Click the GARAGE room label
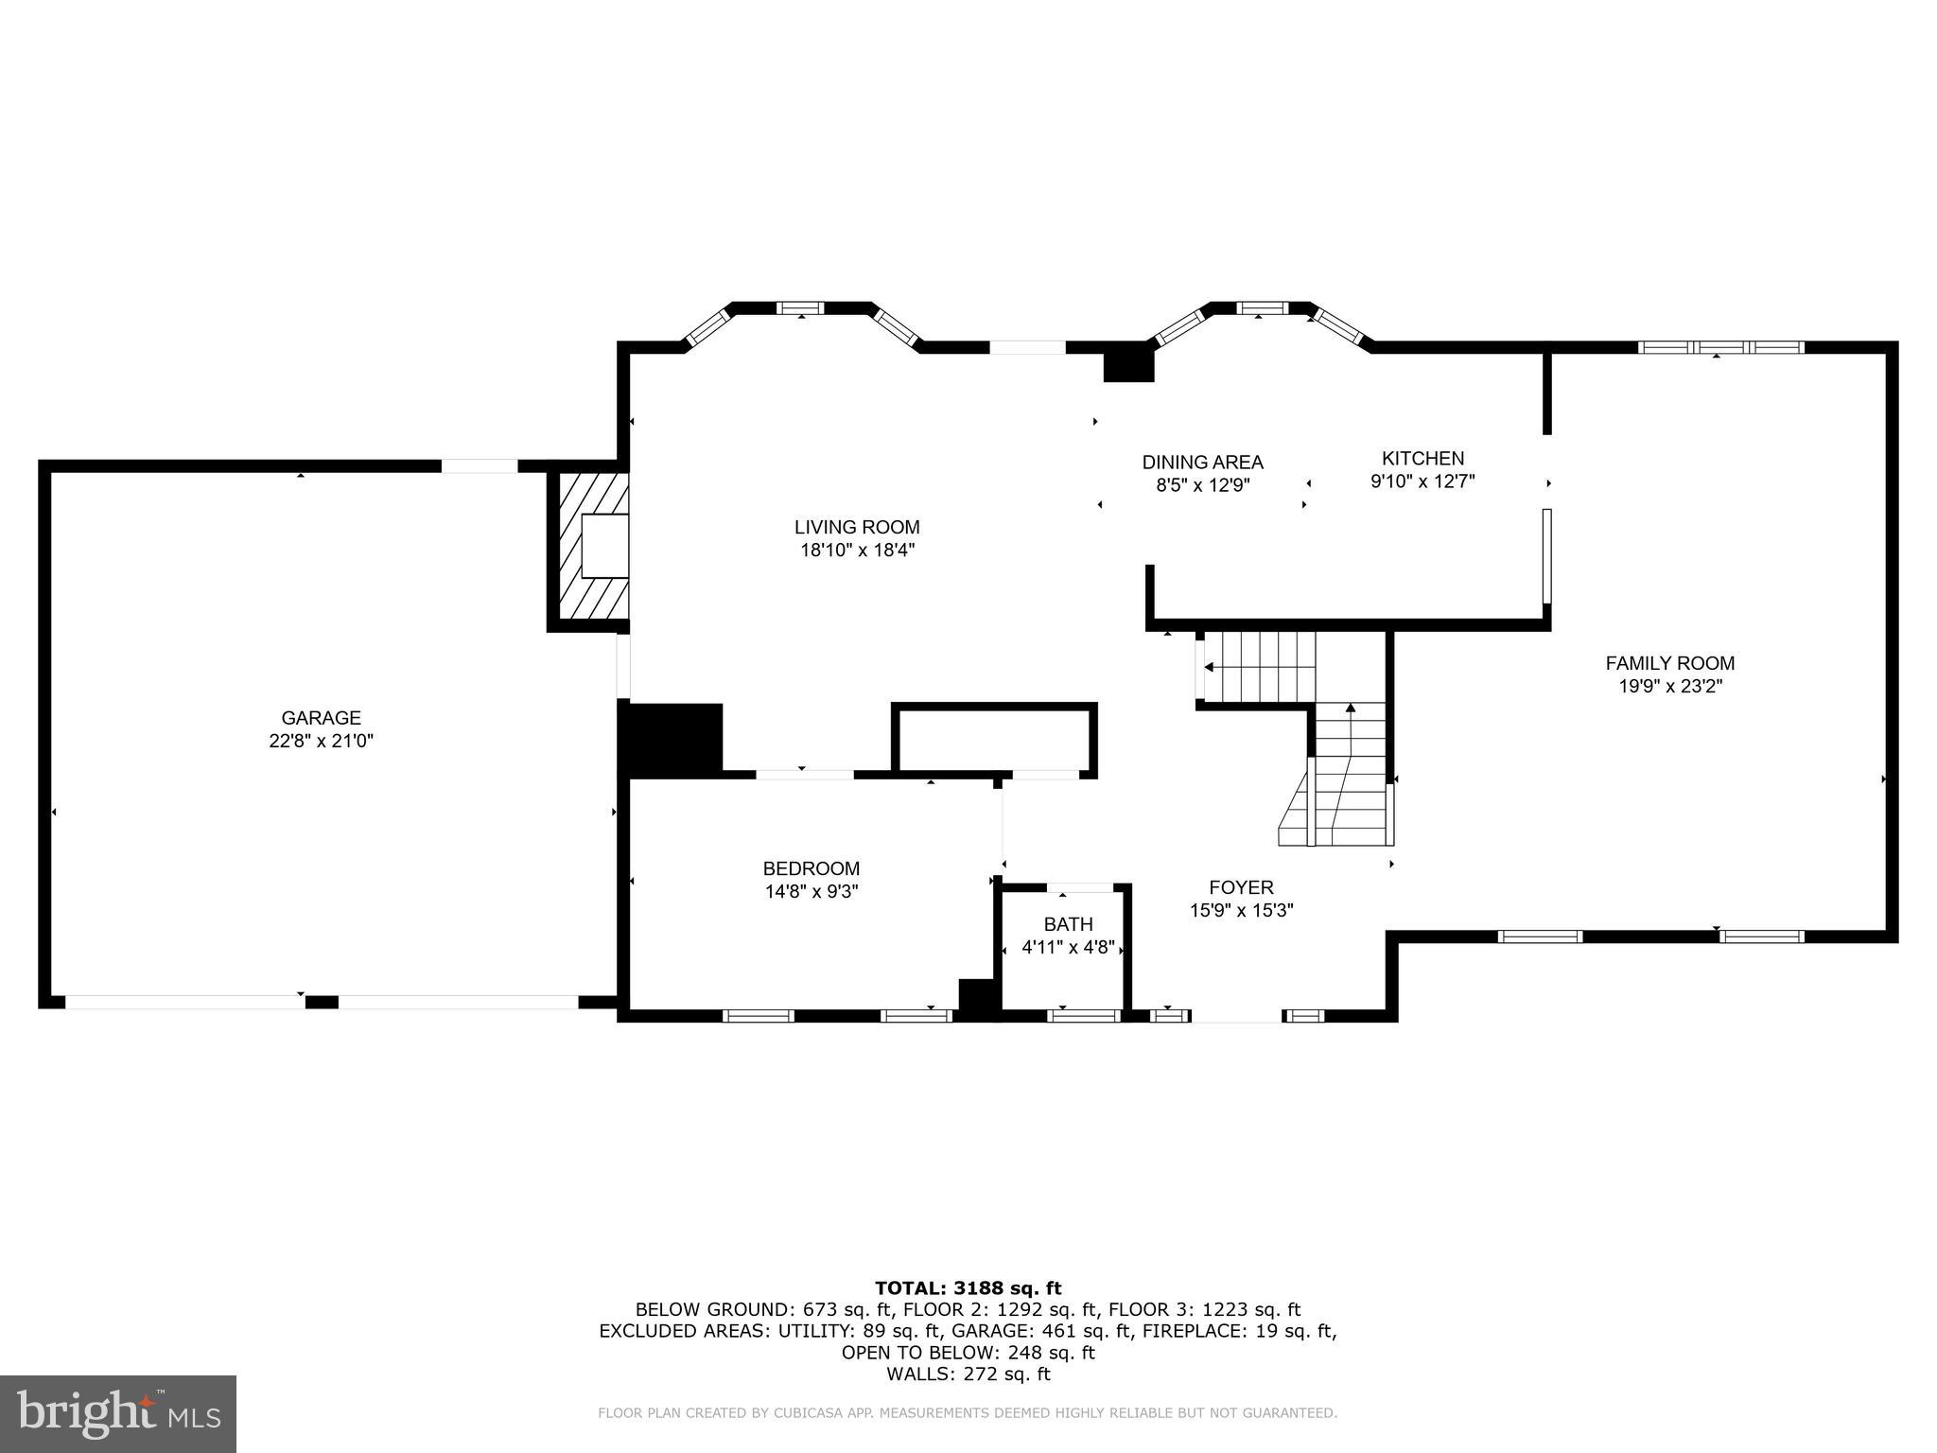pos(321,718)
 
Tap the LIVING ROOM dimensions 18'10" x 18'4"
pos(857,550)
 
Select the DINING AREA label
pos(1202,463)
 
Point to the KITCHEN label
pos(1422,458)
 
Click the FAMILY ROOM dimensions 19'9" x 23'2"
pos(1669,687)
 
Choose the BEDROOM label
pos(811,868)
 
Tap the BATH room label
pos(1068,924)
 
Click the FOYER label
pos(1241,887)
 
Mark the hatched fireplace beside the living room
pos(593,547)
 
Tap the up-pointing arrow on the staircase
pos(1351,708)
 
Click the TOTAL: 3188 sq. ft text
pos(968,1287)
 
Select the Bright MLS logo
pos(118,1414)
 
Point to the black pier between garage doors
pos(322,1003)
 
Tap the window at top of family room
pos(1720,347)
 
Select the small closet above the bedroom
pos(993,739)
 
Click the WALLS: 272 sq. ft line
pos(968,1374)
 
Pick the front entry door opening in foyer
pos(1236,1017)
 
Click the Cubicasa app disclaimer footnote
pos(967,1413)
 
